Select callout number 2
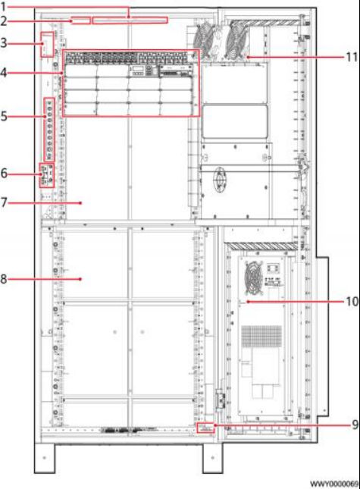click(4, 21)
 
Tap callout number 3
click(4, 42)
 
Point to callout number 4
click(4, 73)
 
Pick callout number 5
click(4, 116)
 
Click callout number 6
click(4, 173)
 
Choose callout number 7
click(4, 202)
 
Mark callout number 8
click(4, 279)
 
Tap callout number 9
click(355, 425)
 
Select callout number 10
click(352, 302)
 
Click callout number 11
click(352, 57)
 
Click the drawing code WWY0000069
click(335, 484)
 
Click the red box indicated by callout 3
click(48, 45)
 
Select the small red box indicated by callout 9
click(206, 428)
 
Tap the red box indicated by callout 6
click(46, 175)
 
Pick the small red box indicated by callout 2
click(80, 20)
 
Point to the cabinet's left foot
click(44, 457)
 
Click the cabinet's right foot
click(212, 457)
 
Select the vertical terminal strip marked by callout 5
click(49, 130)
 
